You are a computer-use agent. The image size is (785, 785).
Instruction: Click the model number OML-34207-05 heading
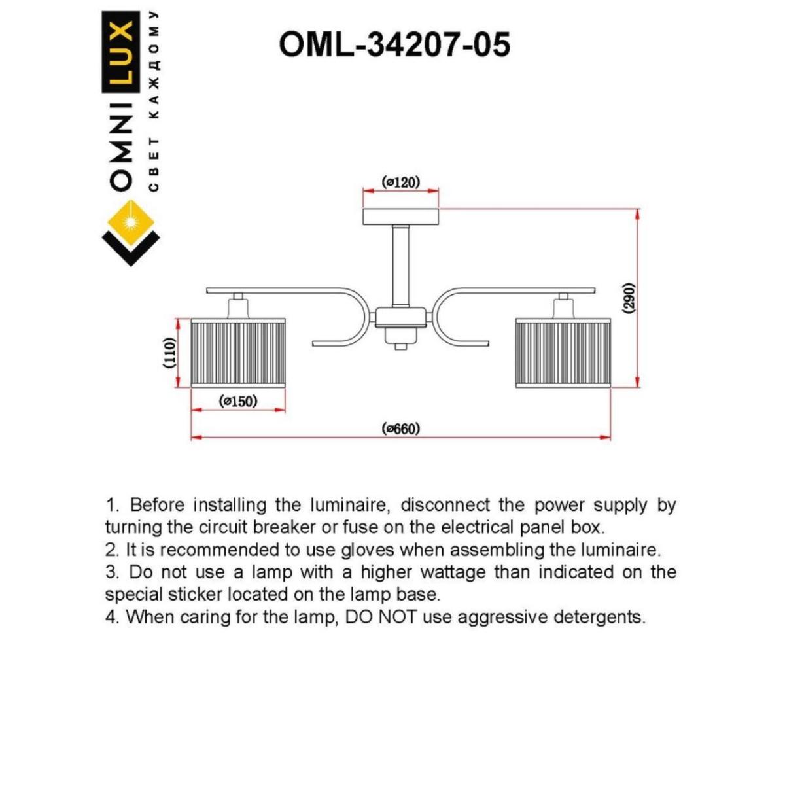394,45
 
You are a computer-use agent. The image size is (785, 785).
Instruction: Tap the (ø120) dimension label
400,182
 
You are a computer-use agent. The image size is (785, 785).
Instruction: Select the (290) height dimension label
627,299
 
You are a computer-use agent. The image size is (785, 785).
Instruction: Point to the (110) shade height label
169,354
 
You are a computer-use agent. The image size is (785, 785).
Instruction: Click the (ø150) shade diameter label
238,401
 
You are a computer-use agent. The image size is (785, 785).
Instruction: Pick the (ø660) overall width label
400,428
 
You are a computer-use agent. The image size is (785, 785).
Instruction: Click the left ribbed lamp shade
238,353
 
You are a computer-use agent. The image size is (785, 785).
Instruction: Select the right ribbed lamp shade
563,353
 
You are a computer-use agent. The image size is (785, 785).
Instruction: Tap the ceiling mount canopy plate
400,217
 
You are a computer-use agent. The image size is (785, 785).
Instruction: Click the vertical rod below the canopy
400,265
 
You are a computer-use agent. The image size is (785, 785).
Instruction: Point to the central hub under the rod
400,319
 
